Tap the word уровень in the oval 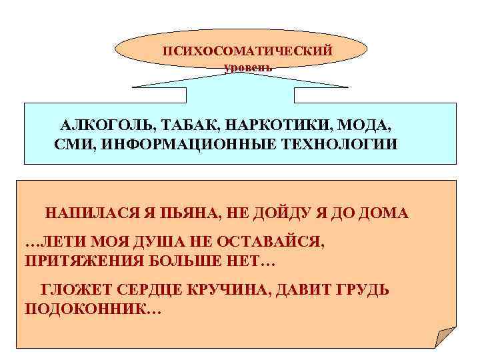(248, 67)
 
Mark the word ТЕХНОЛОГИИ (344, 144)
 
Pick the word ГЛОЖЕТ (75, 291)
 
